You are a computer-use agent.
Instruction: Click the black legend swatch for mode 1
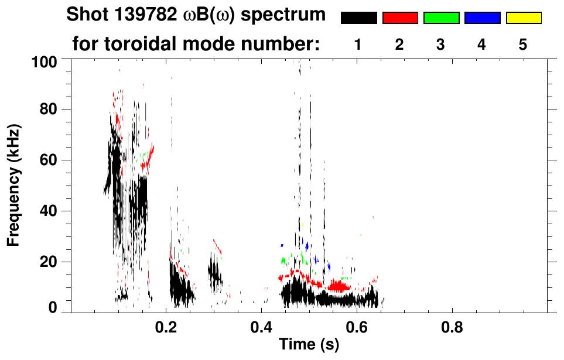pyautogui.click(x=358, y=18)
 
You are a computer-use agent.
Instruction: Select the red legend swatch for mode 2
pyautogui.click(x=400, y=18)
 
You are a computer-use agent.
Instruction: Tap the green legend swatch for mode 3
pyautogui.click(x=441, y=18)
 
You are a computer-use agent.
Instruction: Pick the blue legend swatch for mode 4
pyautogui.click(x=482, y=18)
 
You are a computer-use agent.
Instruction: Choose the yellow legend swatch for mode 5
pyautogui.click(x=523, y=18)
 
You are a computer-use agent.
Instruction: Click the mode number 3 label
pyautogui.click(x=441, y=44)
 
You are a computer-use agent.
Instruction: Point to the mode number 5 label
pyautogui.click(x=523, y=44)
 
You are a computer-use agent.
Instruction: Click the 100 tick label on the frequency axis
pyautogui.click(x=46, y=61)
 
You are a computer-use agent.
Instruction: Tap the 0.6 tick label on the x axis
pyautogui.click(x=356, y=328)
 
